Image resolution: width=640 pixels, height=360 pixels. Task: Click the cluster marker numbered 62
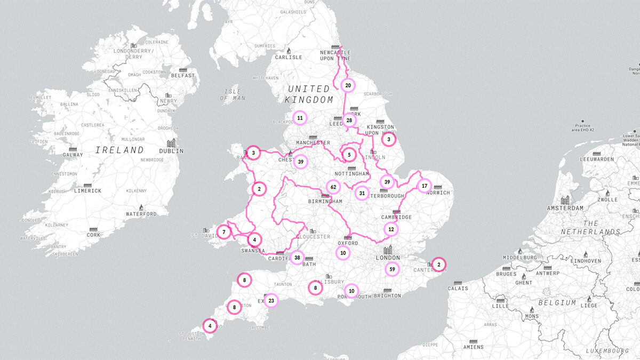(x=334, y=187)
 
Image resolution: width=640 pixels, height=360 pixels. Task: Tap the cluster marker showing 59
(x=393, y=269)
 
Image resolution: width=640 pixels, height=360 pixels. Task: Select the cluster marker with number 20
(x=348, y=85)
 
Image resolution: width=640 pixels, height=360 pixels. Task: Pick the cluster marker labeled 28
(x=349, y=121)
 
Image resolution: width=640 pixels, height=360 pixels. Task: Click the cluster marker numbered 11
(x=300, y=118)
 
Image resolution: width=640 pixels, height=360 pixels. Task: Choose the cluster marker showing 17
(x=425, y=186)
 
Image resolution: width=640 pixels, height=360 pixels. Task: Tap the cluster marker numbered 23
(x=271, y=301)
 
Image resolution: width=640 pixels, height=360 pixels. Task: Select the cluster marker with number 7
(x=225, y=232)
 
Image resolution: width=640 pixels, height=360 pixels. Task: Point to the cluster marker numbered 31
(x=362, y=193)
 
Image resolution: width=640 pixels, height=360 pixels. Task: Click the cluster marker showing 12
(x=391, y=229)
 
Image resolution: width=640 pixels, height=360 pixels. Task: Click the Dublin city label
(x=171, y=151)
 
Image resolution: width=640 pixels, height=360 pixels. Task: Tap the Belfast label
(x=183, y=76)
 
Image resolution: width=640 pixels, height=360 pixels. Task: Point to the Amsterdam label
(x=565, y=209)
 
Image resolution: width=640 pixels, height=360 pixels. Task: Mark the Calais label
(x=457, y=289)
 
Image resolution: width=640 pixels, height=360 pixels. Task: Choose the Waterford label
(x=141, y=214)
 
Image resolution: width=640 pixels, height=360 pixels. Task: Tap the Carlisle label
(x=289, y=57)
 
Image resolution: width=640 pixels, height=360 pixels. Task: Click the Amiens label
(x=473, y=347)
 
